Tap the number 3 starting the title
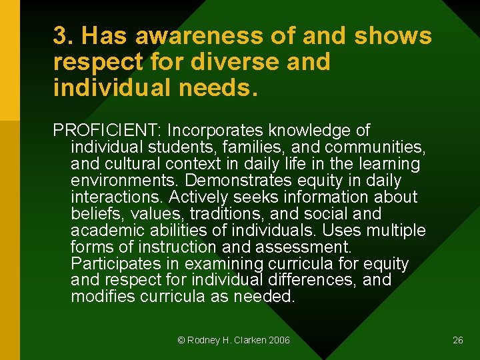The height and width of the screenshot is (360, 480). (59, 36)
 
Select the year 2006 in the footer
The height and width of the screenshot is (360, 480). (280, 340)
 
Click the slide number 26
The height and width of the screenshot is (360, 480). (457, 340)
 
